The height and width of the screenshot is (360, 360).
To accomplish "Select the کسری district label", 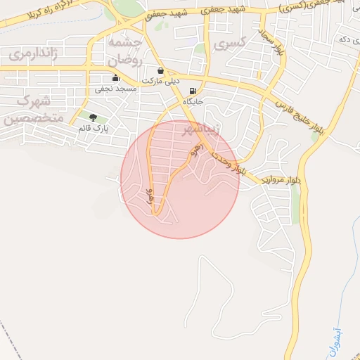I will click(229, 44).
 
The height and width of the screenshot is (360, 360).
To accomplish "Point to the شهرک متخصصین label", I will click(32, 109).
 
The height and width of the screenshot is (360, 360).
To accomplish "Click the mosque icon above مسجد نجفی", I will click(116, 78).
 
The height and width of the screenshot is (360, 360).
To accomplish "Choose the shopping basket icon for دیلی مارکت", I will click(162, 71).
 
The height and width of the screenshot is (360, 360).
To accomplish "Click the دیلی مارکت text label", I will click(161, 82).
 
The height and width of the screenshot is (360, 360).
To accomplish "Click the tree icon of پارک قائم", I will click(94, 117).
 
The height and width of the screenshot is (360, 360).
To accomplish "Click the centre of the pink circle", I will click(180, 179).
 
